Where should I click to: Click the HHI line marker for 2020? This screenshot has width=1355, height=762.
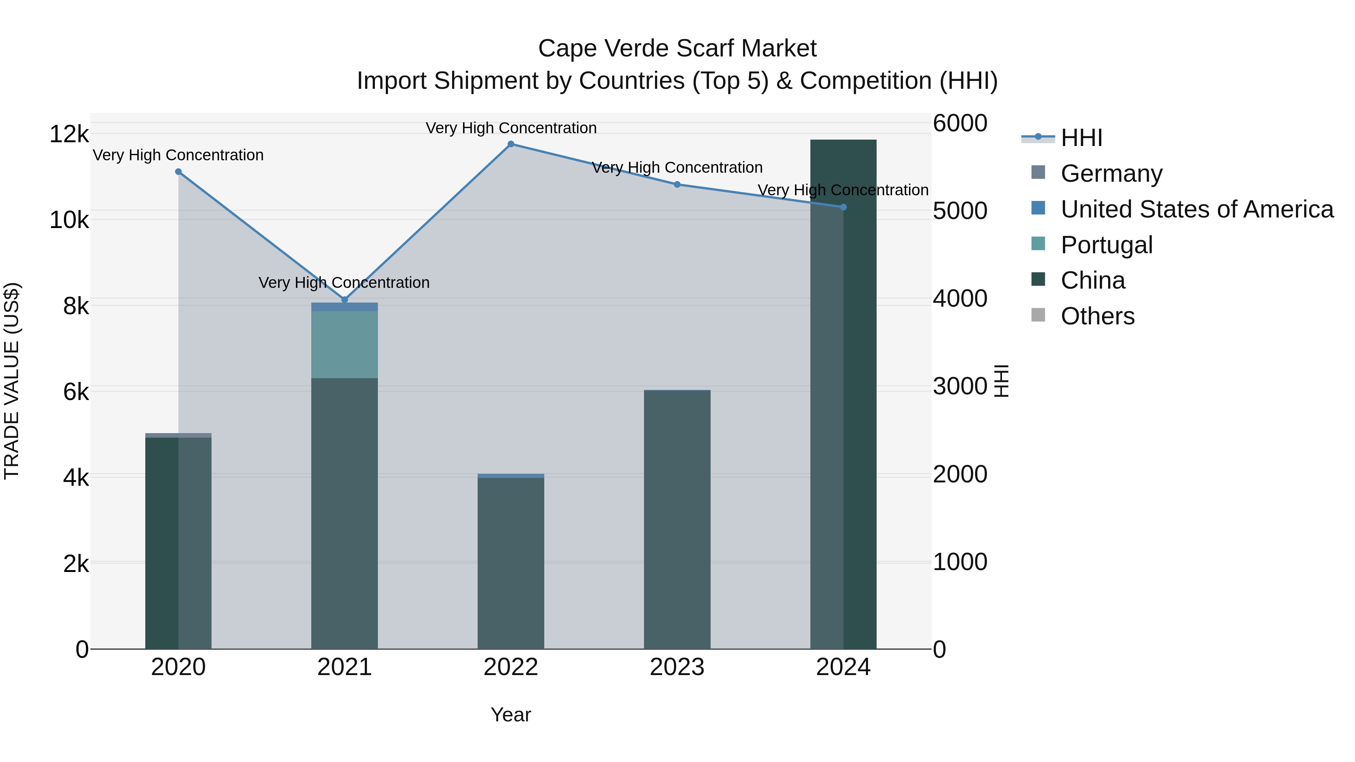(x=178, y=172)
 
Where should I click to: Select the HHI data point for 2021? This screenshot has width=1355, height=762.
(x=344, y=300)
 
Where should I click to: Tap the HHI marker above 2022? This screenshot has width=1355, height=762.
(x=511, y=144)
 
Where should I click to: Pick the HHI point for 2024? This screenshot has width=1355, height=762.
(x=843, y=207)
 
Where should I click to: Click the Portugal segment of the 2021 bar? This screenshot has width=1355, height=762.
(x=344, y=344)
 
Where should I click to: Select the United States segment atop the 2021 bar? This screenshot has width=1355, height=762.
(x=344, y=307)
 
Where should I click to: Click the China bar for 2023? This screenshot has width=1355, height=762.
(x=677, y=521)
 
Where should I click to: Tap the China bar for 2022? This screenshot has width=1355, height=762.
(x=511, y=563)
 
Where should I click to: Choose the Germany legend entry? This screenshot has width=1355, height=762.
(x=1111, y=173)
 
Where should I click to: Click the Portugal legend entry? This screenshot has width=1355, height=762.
(x=1106, y=245)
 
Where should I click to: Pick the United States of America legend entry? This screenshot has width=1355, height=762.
(x=1197, y=209)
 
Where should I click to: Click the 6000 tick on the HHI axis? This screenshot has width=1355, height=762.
(x=960, y=123)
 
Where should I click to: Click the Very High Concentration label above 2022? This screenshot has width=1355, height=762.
(x=511, y=128)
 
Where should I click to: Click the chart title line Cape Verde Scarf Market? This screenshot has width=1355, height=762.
(x=677, y=49)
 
